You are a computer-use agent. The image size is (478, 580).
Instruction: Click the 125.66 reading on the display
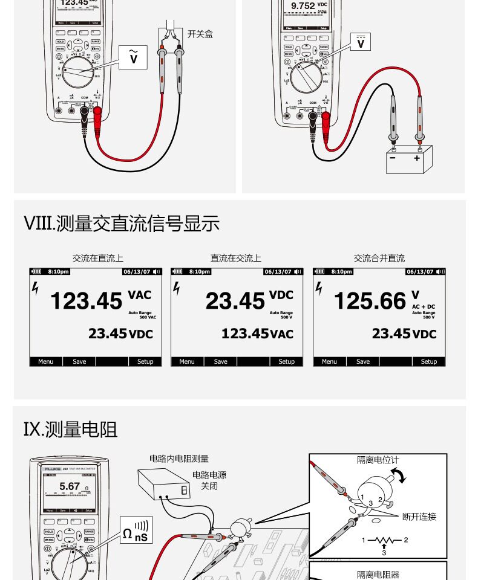click(x=370, y=300)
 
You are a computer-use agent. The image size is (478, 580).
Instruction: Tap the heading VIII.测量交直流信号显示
click(x=121, y=224)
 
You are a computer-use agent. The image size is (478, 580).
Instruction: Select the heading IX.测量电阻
click(x=70, y=430)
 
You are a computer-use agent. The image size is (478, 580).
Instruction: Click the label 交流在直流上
click(x=98, y=258)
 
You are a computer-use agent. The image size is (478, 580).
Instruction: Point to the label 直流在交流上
click(x=236, y=258)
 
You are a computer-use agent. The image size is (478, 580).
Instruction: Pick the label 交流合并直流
click(x=379, y=258)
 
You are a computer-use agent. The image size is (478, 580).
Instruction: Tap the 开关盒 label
click(x=200, y=34)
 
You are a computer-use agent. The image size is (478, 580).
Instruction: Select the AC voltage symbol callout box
click(x=134, y=57)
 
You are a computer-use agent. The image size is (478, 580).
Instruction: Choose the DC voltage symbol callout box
click(x=361, y=41)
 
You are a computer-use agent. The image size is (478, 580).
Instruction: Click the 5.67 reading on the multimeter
click(x=70, y=486)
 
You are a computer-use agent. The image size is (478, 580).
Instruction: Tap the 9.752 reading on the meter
click(x=303, y=6)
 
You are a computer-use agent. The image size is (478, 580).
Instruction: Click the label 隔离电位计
click(x=378, y=460)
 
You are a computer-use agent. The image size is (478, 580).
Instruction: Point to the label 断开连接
click(x=419, y=517)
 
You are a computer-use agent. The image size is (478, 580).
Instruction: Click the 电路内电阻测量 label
click(x=180, y=459)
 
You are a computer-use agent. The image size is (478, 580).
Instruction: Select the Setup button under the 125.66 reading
click(x=428, y=361)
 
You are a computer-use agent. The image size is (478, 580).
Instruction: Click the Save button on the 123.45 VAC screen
click(x=79, y=361)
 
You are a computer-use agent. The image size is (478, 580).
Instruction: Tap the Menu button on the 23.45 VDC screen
click(x=187, y=361)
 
